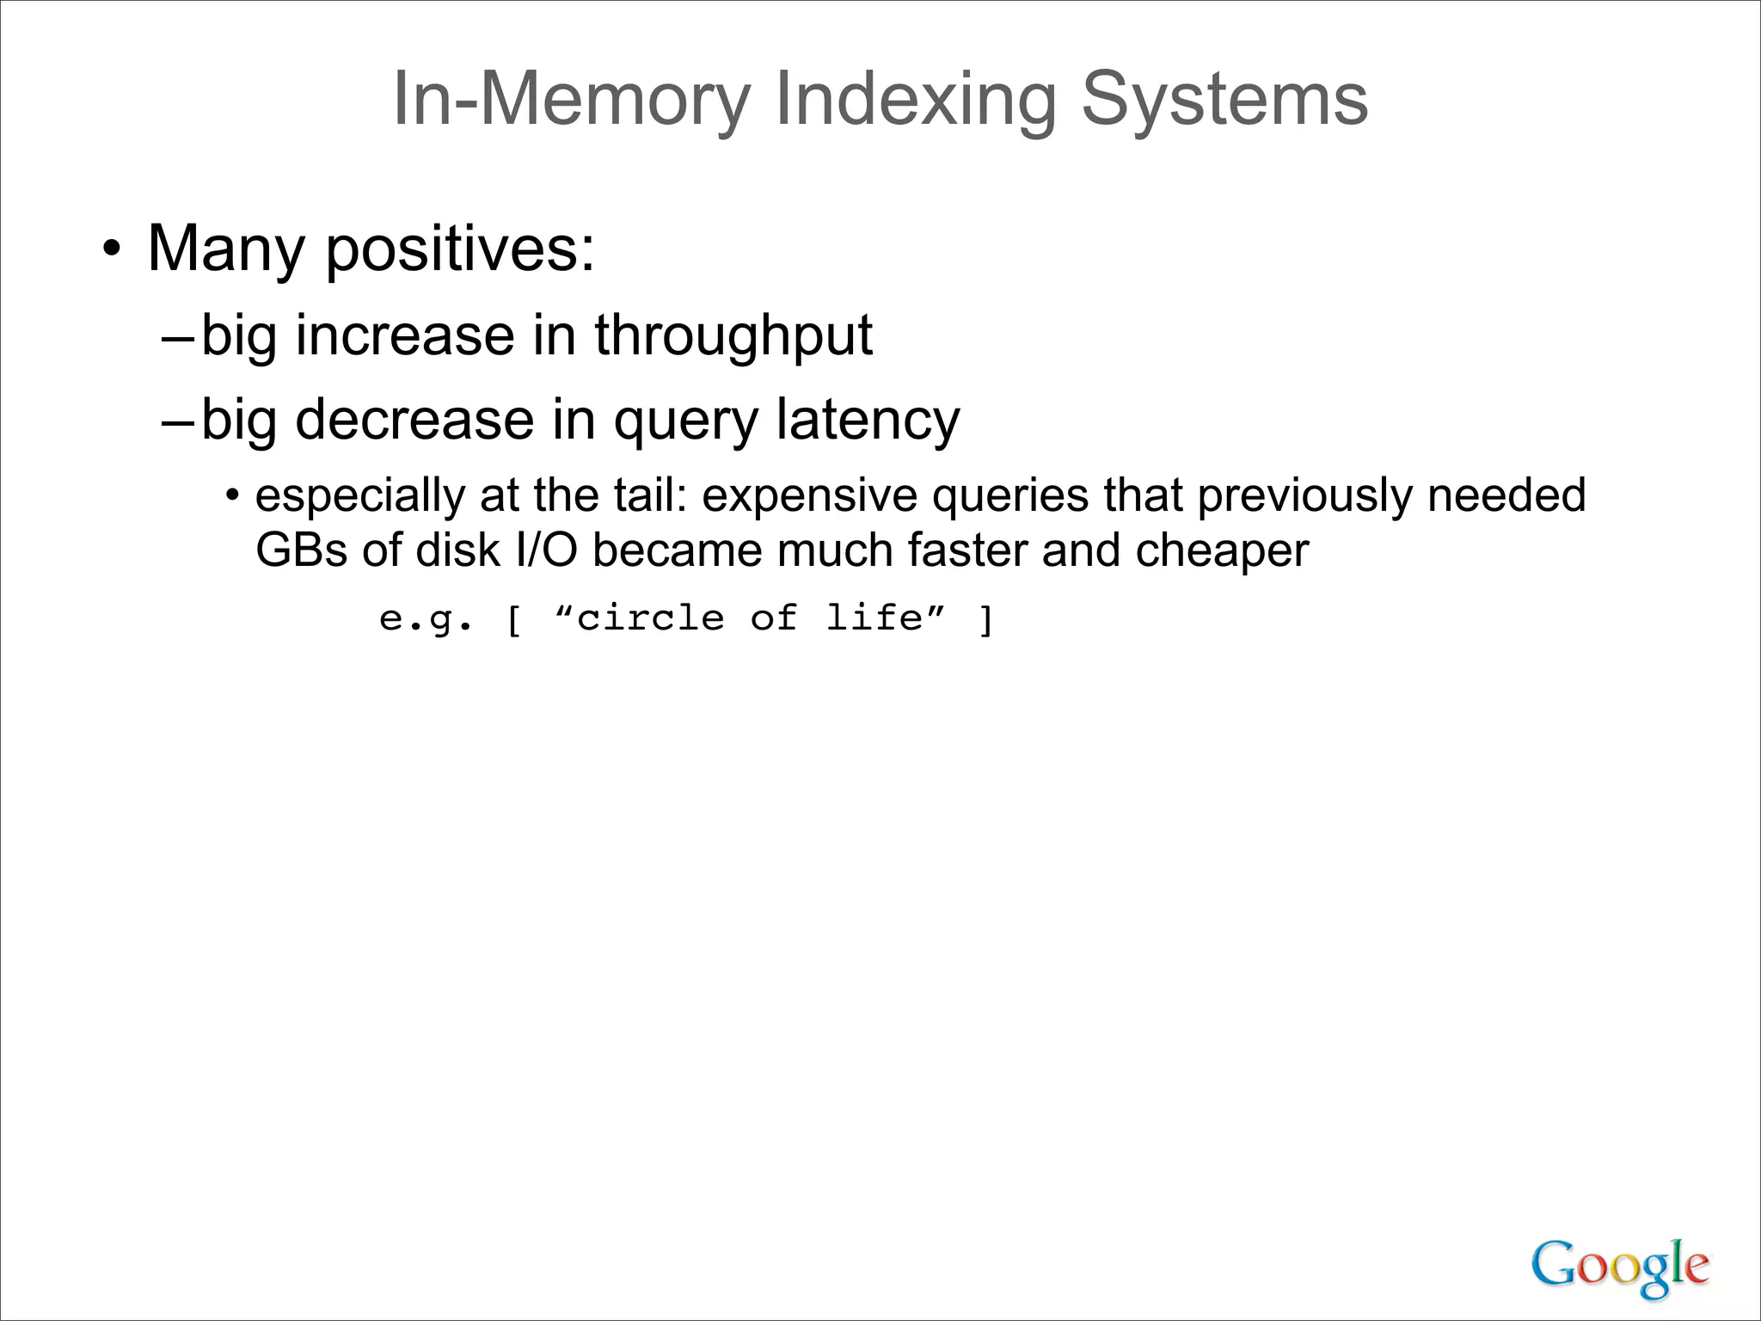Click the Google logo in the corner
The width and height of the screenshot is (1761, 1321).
tap(1619, 1266)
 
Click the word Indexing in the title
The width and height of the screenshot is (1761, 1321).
tap(915, 100)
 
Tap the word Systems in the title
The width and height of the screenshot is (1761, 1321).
tap(1224, 100)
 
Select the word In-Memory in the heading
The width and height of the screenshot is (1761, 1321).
tap(572, 100)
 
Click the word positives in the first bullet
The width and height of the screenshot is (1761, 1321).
tap(460, 249)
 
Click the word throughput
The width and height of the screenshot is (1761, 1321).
tap(733, 335)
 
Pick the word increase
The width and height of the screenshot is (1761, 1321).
tap(405, 335)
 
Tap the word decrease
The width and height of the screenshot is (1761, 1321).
tap(414, 420)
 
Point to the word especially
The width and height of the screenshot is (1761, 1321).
tap(360, 497)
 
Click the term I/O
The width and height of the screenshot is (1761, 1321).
tap(546, 550)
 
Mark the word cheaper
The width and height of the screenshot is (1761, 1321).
tap(1222, 552)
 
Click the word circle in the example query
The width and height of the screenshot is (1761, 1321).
tap(650, 618)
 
